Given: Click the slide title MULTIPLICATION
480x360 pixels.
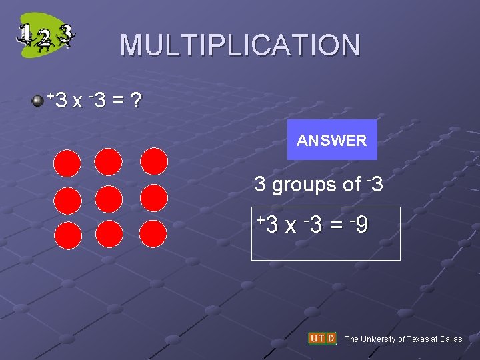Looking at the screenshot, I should pyautogui.click(x=240, y=45).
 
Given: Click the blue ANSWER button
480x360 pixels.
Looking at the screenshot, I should pyautogui.click(x=332, y=140).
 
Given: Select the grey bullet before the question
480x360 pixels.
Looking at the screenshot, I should pyautogui.click(x=39, y=101).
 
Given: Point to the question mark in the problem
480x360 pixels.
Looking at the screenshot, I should pyautogui.click(x=136, y=101).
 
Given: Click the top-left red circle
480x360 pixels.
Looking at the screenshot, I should pyautogui.click(x=68, y=163).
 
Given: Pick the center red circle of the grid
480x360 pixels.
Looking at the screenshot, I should pyautogui.click(x=109, y=199).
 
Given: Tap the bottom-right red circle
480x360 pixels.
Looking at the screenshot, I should pyautogui.click(x=154, y=234).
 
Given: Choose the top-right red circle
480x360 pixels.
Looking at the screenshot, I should pyautogui.click(x=154, y=161).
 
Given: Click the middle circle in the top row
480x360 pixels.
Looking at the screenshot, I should pyautogui.click(x=109, y=161).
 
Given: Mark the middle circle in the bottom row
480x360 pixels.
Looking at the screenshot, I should pyautogui.click(x=109, y=235).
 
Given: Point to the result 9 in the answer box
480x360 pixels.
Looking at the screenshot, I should pyautogui.click(x=361, y=225).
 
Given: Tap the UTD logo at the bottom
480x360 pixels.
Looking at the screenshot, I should pyautogui.click(x=322, y=339).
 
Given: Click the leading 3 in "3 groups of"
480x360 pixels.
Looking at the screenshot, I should pyautogui.click(x=260, y=185).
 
